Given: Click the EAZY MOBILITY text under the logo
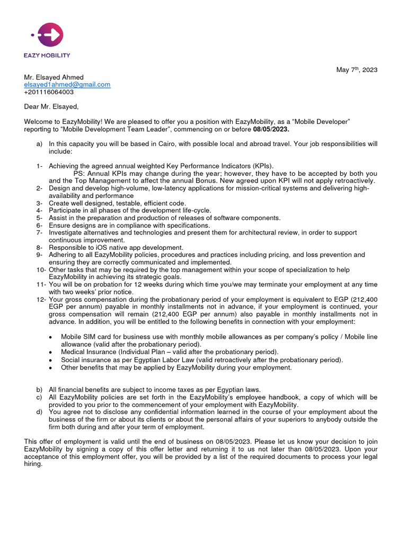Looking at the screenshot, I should coord(47,55).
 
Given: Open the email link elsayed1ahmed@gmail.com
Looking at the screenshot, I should coord(67,85).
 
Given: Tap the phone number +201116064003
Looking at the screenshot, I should coord(49,92).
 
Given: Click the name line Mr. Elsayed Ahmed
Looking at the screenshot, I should coord(54,77).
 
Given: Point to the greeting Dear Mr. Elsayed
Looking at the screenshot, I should coord(51,107).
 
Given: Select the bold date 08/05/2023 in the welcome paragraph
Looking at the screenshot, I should coord(271,130).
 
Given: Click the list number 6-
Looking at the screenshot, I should coord(40,225).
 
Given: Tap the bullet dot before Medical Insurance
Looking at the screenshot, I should coord(50,352).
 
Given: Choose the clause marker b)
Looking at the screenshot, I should coord(39,390).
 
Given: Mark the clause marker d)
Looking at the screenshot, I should coord(39,412).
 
